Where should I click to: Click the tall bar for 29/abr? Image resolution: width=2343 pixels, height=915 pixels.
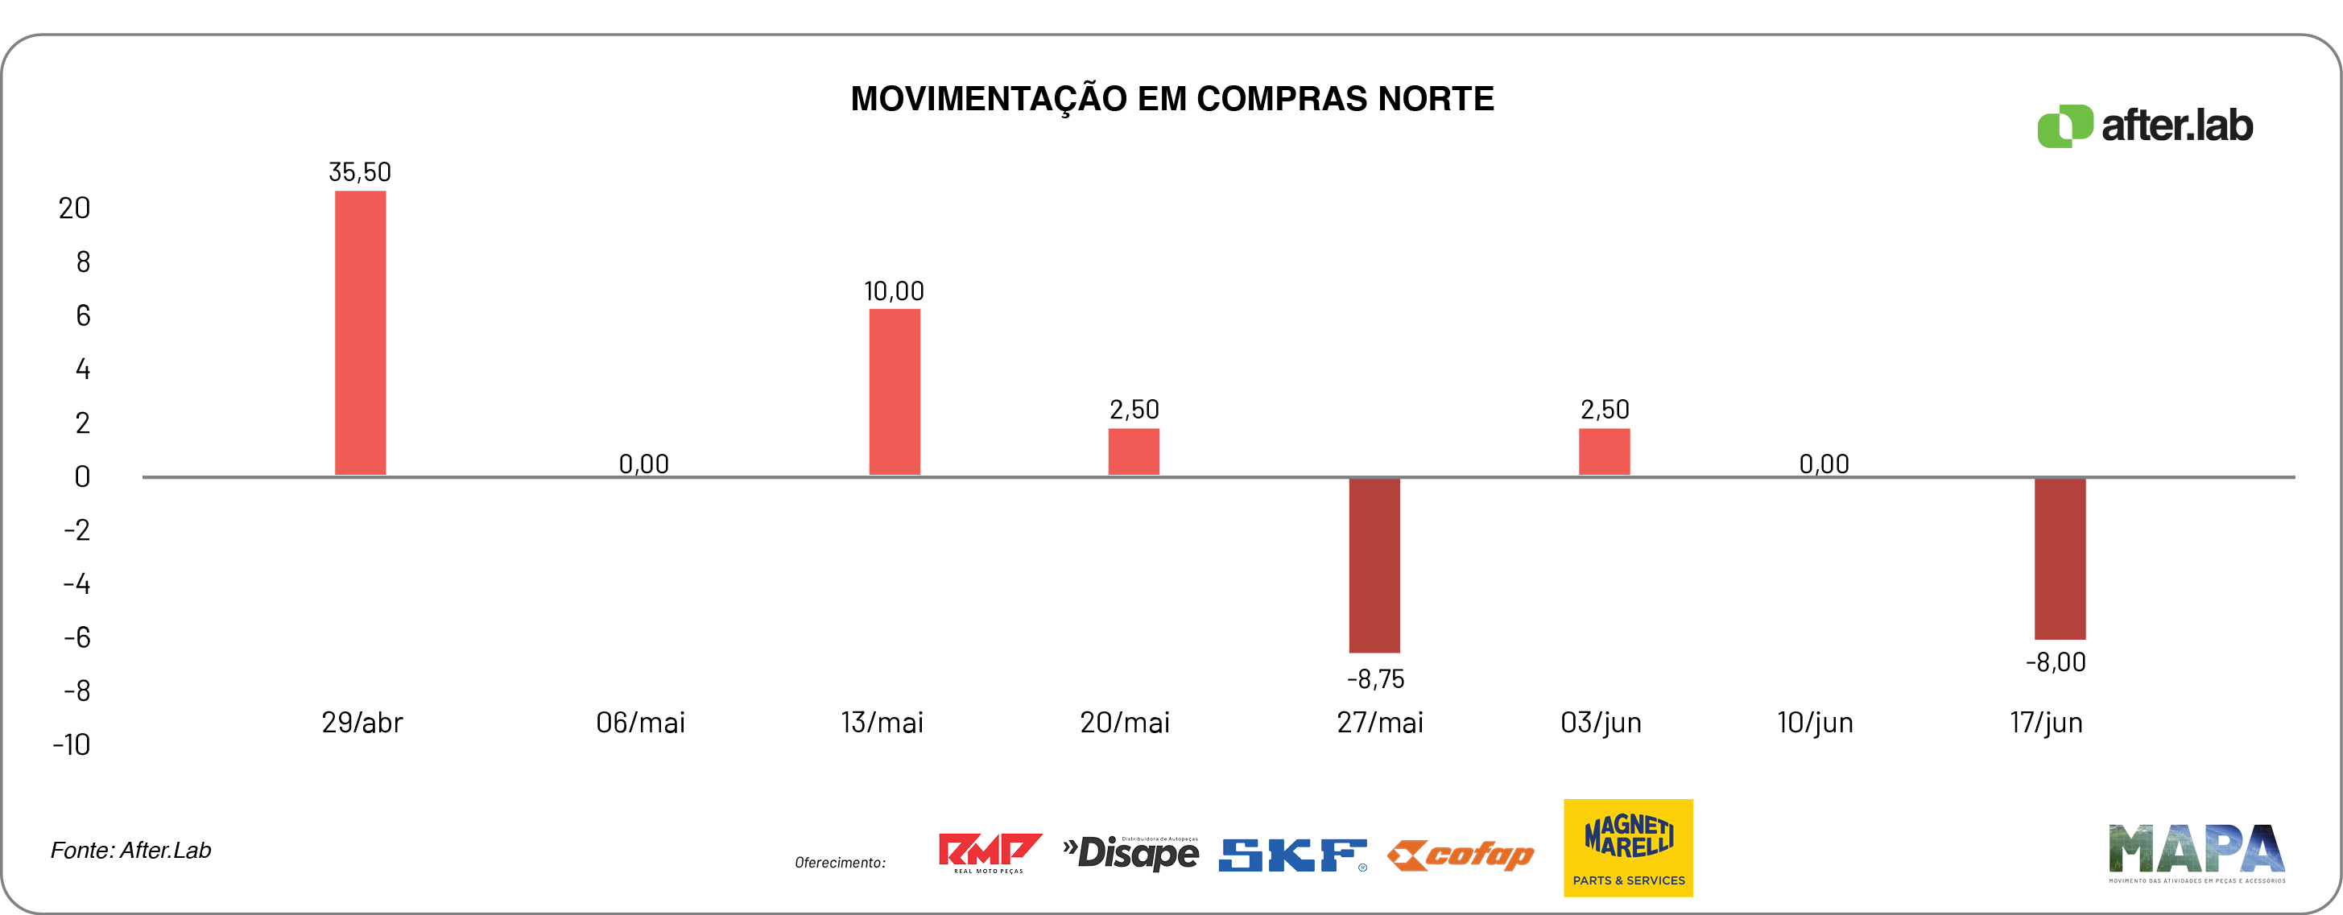(360, 332)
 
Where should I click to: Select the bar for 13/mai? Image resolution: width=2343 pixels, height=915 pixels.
(894, 391)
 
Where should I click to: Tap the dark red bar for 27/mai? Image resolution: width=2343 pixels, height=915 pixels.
(1374, 565)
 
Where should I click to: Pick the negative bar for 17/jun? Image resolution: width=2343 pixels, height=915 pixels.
(2060, 558)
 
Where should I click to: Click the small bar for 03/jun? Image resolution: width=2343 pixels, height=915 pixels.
(1604, 451)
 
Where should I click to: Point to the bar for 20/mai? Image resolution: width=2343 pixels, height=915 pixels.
(1134, 451)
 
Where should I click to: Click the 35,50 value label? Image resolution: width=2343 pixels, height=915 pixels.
(359, 172)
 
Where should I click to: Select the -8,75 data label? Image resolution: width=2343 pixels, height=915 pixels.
(1375, 678)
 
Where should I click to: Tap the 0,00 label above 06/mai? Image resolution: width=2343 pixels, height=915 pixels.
(643, 464)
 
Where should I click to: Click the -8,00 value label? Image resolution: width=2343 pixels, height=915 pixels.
(2055, 662)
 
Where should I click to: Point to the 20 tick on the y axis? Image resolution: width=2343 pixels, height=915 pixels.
(75, 208)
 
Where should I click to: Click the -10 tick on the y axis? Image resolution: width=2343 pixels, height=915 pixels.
(72, 745)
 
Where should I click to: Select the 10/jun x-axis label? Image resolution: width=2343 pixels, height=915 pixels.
(1815, 722)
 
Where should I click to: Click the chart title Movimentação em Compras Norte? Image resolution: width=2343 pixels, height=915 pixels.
(1171, 98)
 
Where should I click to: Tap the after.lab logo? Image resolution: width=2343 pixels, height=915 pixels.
(2145, 126)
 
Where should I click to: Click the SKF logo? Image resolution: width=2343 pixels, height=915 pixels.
(1292, 854)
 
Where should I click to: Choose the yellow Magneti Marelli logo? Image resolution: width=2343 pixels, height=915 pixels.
(1627, 847)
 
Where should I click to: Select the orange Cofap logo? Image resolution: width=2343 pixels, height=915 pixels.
(1461, 854)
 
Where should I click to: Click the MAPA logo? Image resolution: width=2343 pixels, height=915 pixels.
(2196, 852)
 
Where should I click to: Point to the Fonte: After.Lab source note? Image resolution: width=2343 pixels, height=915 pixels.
(131, 850)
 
